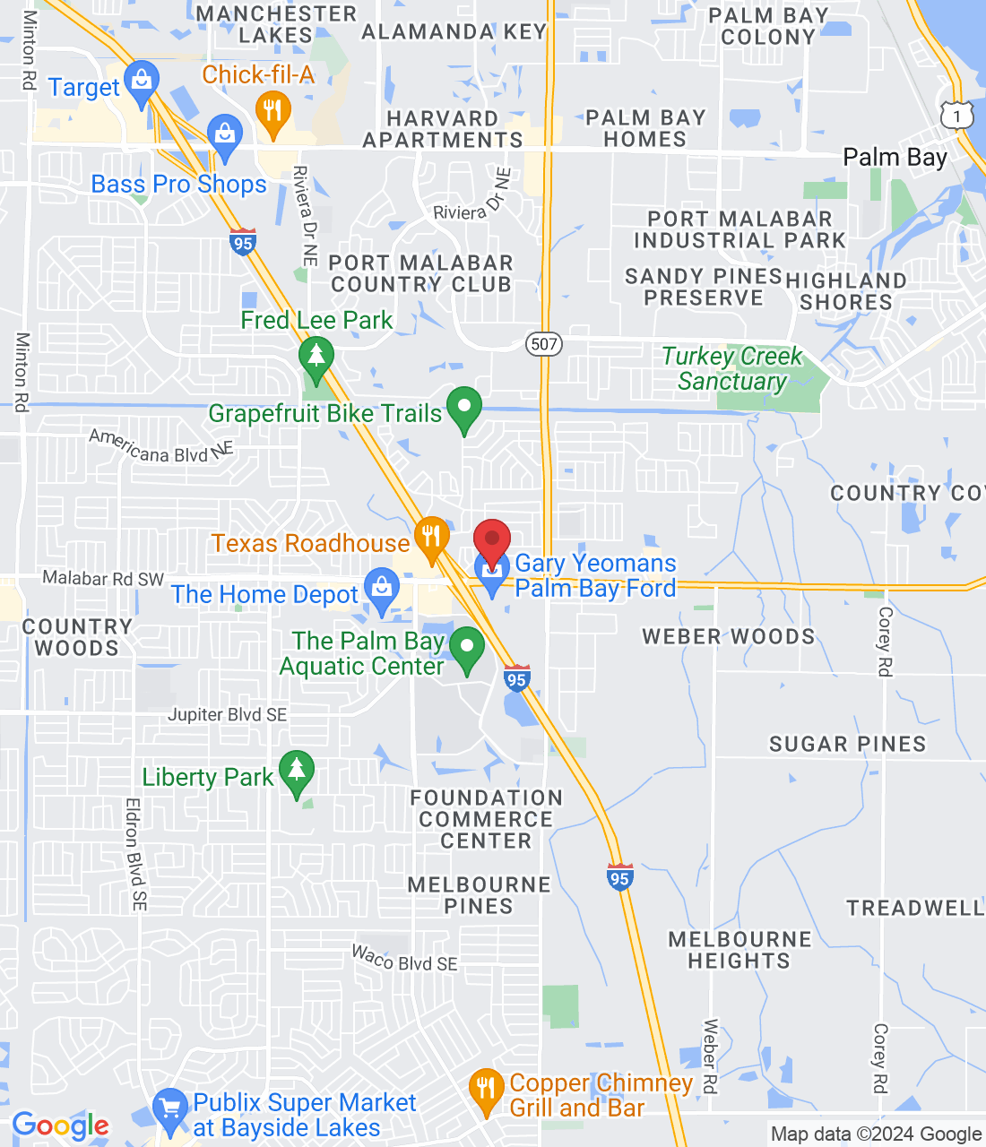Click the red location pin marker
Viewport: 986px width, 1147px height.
click(491, 540)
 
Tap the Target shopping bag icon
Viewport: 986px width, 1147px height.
click(141, 81)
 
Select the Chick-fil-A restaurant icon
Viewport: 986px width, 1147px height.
click(273, 112)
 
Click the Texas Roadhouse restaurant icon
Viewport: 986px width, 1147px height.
click(431, 538)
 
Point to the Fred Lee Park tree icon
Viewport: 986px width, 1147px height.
click(316, 358)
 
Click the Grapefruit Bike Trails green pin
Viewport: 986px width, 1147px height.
click(464, 408)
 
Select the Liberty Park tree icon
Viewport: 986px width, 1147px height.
click(297, 771)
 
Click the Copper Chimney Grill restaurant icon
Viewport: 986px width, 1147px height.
click(486, 1090)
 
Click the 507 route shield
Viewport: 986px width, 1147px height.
click(543, 344)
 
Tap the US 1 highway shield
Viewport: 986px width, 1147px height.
click(957, 116)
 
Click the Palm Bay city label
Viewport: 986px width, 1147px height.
click(895, 158)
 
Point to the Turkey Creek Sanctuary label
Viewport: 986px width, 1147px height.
click(732, 368)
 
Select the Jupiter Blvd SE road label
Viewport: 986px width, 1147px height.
click(228, 714)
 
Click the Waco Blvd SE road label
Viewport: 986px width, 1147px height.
click(404, 958)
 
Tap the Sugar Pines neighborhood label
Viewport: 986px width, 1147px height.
click(847, 744)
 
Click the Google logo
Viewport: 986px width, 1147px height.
click(61, 1125)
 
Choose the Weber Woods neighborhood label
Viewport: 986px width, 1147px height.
click(729, 637)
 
